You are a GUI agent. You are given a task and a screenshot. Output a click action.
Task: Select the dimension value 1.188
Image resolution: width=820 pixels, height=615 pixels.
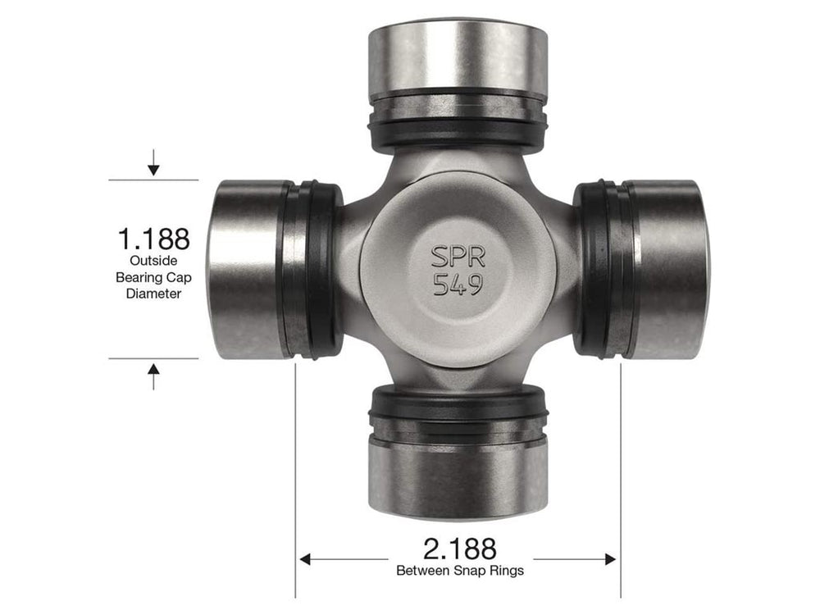pyautogui.click(x=154, y=239)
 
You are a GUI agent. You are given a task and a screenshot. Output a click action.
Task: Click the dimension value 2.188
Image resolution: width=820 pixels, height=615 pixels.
pyautogui.click(x=459, y=548)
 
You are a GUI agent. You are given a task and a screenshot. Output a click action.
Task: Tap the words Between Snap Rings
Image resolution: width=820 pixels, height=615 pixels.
pyautogui.click(x=459, y=569)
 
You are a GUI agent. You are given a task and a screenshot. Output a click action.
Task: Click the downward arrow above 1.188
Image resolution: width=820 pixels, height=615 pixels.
pyautogui.click(x=153, y=169)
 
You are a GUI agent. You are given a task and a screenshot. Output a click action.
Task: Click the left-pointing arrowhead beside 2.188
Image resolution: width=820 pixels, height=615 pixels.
pyautogui.click(x=306, y=559)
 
